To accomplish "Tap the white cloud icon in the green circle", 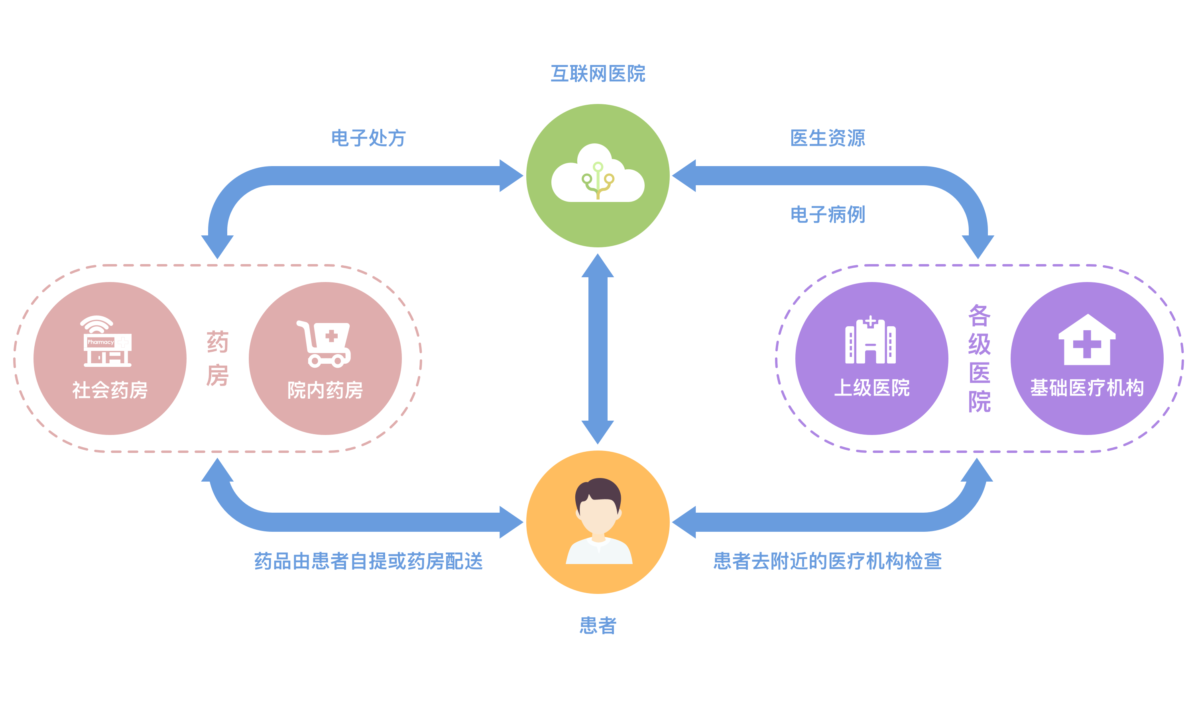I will [598, 175].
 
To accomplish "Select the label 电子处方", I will [368, 138].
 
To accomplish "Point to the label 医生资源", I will [827, 138].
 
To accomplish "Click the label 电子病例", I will [827, 215].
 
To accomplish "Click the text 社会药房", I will [110, 390].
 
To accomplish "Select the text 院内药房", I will [325, 390].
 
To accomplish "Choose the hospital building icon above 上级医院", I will [870, 341].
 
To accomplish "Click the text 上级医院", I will [871, 388].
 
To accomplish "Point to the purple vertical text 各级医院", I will [979, 358].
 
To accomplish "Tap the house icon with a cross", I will [1087, 340].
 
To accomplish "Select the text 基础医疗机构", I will [1087, 388].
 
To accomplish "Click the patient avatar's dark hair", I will [598, 490].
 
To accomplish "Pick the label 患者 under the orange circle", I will [598, 626].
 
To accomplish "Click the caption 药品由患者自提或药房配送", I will [368, 561].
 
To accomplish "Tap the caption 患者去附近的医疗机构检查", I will [827, 561].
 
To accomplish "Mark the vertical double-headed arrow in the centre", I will [598, 349].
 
